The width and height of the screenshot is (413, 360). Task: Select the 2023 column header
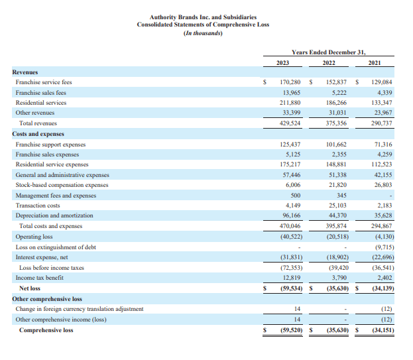click(283, 62)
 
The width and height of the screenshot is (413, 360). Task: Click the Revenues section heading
click(25, 72)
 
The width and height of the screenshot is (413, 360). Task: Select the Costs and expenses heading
click(38, 134)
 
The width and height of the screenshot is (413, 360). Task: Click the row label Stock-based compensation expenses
click(62, 185)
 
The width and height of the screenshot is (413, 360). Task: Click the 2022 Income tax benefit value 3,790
click(338, 278)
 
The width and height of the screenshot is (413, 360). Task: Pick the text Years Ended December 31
click(329, 52)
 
